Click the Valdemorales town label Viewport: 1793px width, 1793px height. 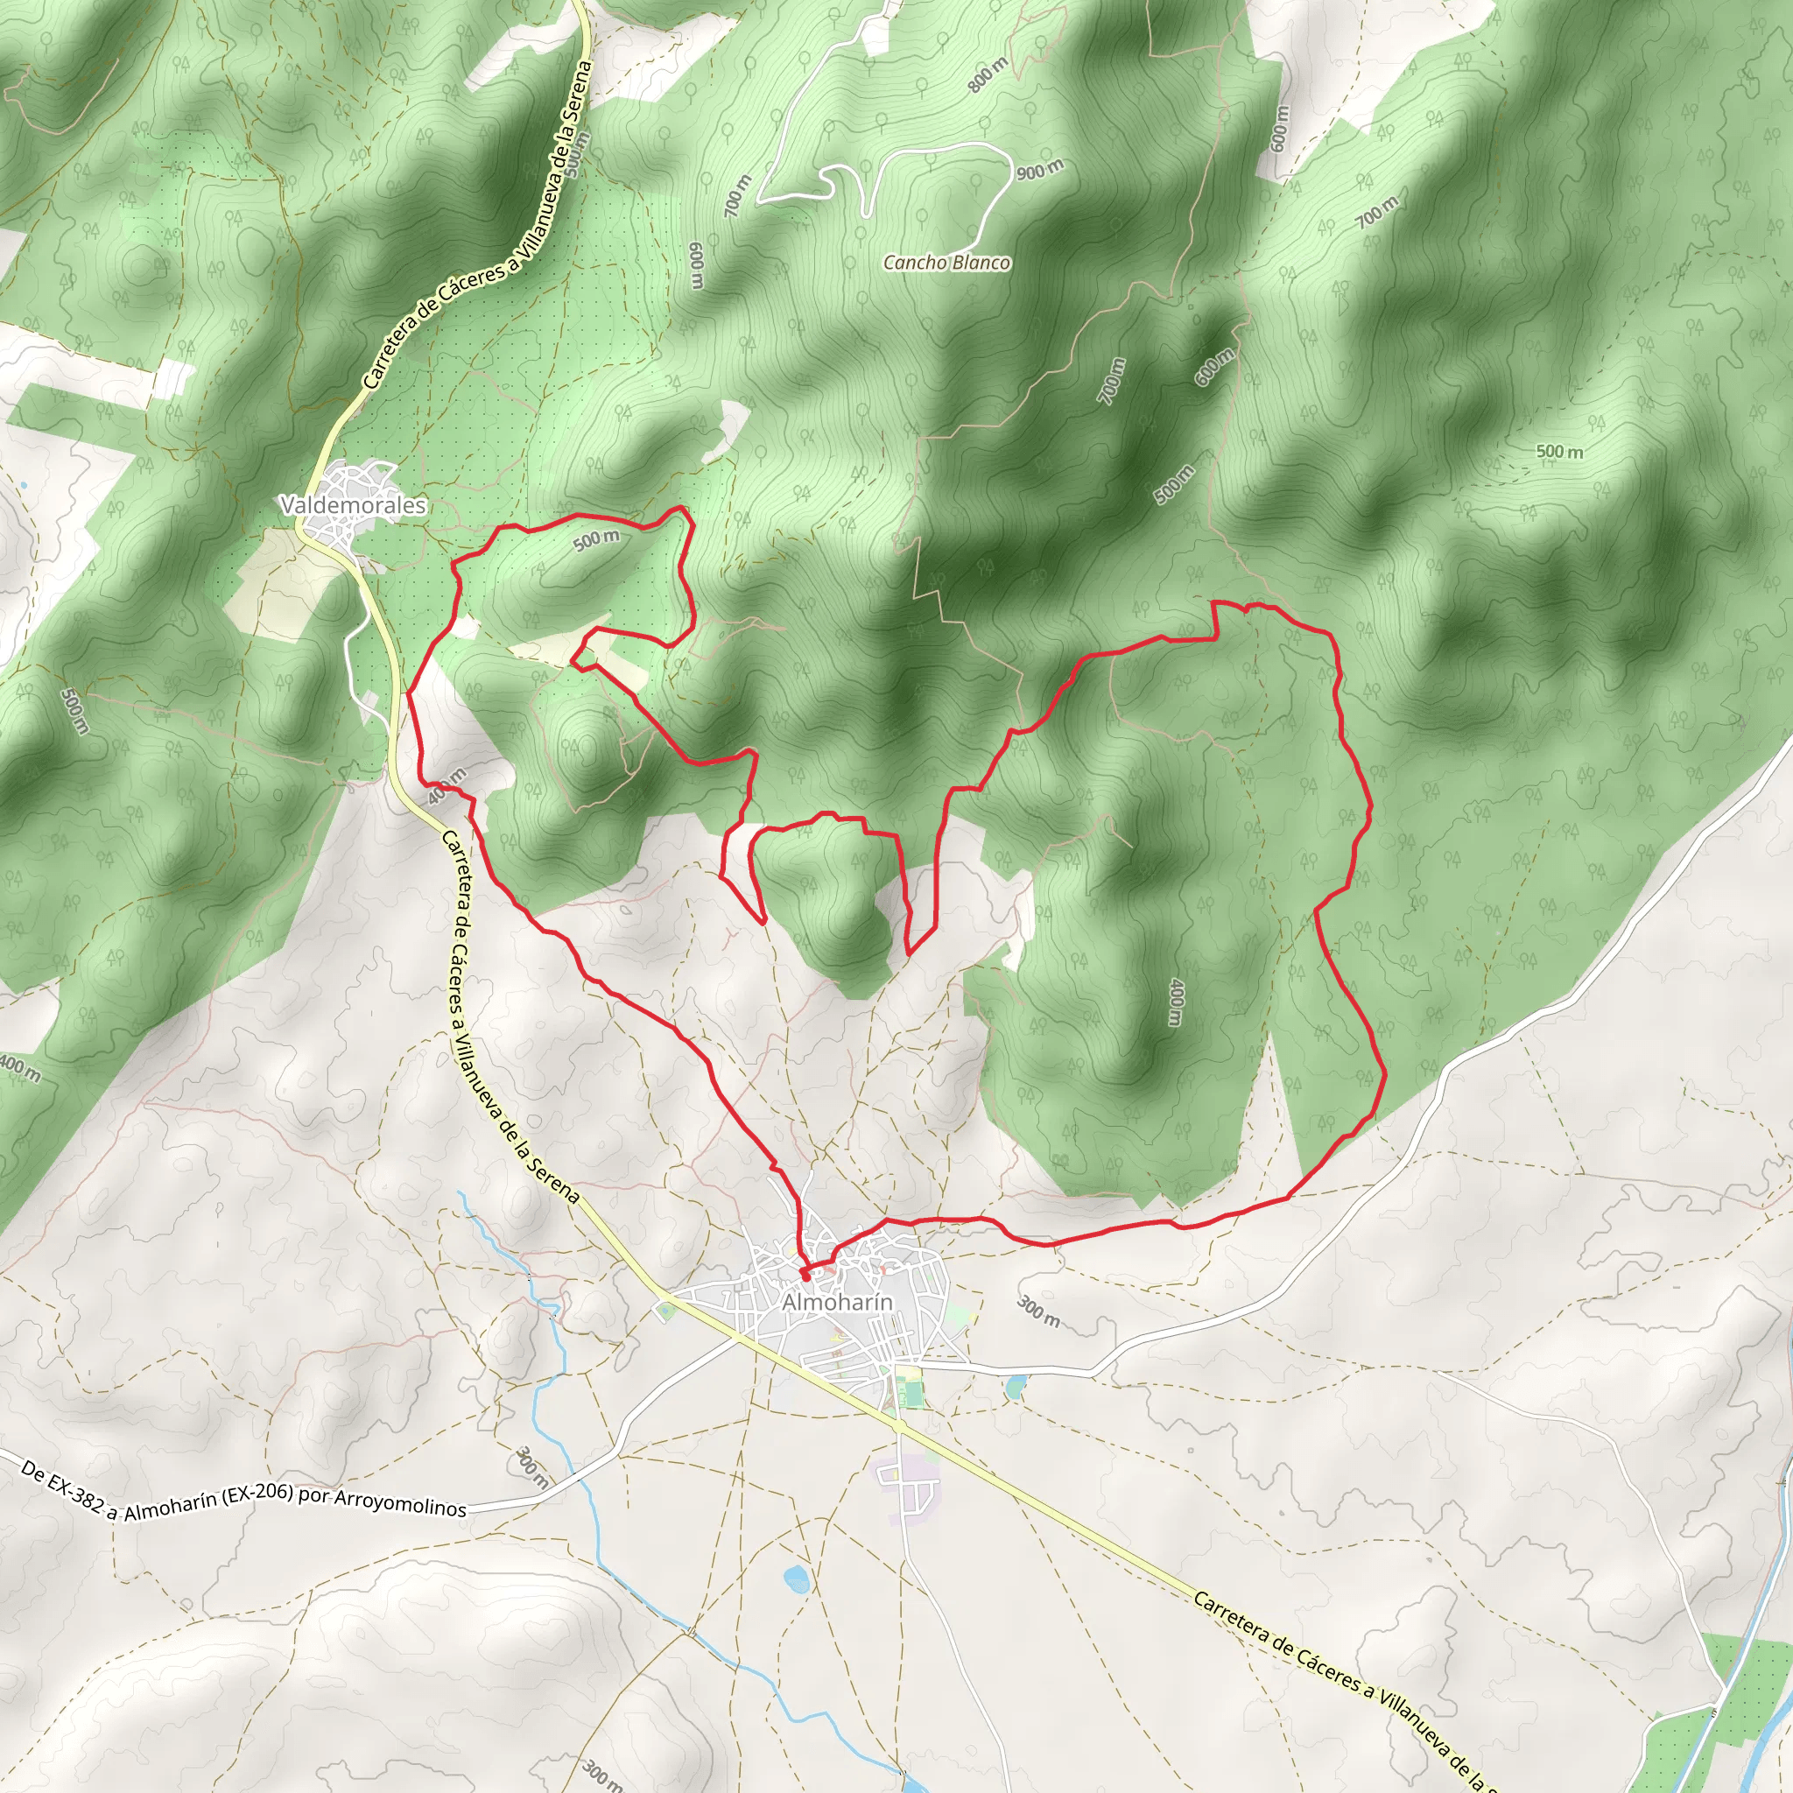(x=353, y=505)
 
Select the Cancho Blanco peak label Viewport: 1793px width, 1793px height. (x=946, y=263)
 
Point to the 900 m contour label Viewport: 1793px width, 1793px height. (x=1039, y=170)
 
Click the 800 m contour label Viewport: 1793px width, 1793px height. (x=988, y=75)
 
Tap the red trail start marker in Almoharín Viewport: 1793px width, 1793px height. (x=804, y=1273)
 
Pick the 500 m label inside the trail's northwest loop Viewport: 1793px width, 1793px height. (x=596, y=539)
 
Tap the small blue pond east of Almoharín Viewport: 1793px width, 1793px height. (x=1016, y=1387)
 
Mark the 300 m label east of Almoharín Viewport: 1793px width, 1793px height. (x=1038, y=1311)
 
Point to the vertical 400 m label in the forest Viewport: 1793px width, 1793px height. (x=1176, y=1002)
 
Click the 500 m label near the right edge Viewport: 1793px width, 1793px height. (x=1559, y=452)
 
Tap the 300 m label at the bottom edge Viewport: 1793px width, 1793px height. (x=601, y=1774)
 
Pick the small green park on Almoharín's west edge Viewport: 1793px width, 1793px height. (x=664, y=1311)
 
